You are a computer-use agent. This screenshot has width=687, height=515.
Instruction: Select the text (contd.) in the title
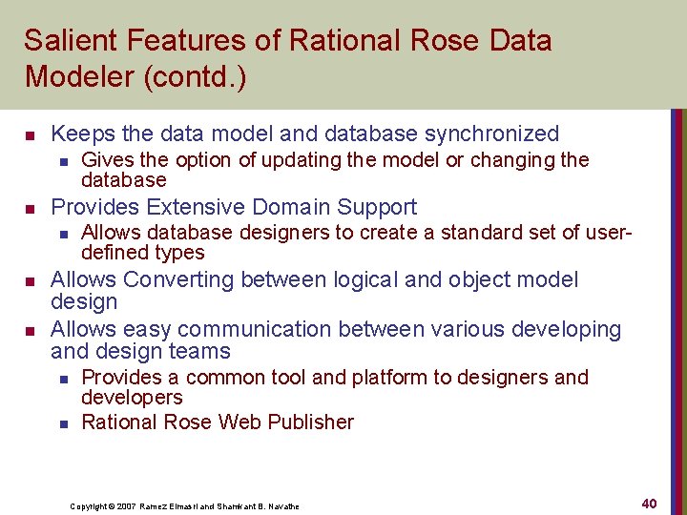click(196, 77)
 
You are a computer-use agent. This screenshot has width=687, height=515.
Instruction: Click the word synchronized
click(491, 134)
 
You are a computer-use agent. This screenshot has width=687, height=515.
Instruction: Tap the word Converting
click(178, 279)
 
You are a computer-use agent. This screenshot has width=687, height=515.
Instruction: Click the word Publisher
click(308, 422)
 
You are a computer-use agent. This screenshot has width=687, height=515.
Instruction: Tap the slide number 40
click(649, 503)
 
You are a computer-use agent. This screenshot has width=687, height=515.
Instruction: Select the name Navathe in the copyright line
click(281, 506)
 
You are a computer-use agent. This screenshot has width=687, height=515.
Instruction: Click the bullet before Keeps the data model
click(30, 134)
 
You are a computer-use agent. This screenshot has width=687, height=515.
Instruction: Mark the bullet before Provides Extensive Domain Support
click(30, 208)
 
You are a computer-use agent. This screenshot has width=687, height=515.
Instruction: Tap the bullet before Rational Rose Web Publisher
click(63, 422)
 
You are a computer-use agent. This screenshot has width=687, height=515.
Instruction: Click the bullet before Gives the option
click(63, 160)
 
